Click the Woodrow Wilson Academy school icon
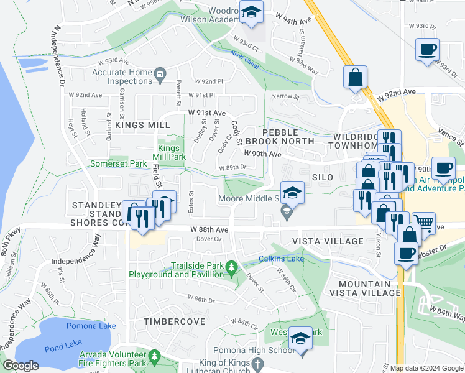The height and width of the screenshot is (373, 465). click(x=251, y=12)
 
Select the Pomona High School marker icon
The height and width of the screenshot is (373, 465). click(x=301, y=339)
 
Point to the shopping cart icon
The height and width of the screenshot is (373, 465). click(x=423, y=222)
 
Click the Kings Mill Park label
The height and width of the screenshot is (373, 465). click(x=168, y=152)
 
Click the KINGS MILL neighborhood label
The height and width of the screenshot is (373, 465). click(x=142, y=125)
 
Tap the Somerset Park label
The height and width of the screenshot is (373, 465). click(x=119, y=163)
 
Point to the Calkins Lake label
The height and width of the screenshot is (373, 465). click(x=281, y=258)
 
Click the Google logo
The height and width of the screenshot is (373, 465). click(x=21, y=366)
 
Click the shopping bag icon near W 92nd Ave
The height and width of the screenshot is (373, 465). click(x=355, y=77)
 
